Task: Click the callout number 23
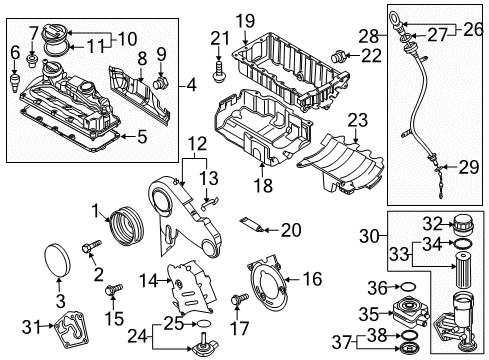click(x=358, y=120)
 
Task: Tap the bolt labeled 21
click(x=218, y=72)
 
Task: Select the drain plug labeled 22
click(x=338, y=56)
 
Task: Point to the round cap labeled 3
click(x=57, y=261)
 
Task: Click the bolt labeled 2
click(x=91, y=247)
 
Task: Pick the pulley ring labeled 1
click(x=126, y=227)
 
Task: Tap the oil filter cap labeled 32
click(x=462, y=225)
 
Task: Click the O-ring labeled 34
click(x=463, y=244)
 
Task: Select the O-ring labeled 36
click(x=408, y=287)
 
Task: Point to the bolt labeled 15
click(x=114, y=289)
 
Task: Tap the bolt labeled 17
click(x=240, y=299)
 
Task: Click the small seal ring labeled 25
click(x=203, y=323)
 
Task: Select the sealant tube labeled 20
click(x=252, y=225)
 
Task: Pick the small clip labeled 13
click(x=209, y=202)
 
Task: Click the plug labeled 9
click(x=161, y=83)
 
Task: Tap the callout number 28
click(x=369, y=36)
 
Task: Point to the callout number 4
click(x=192, y=86)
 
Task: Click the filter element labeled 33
click(x=462, y=271)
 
